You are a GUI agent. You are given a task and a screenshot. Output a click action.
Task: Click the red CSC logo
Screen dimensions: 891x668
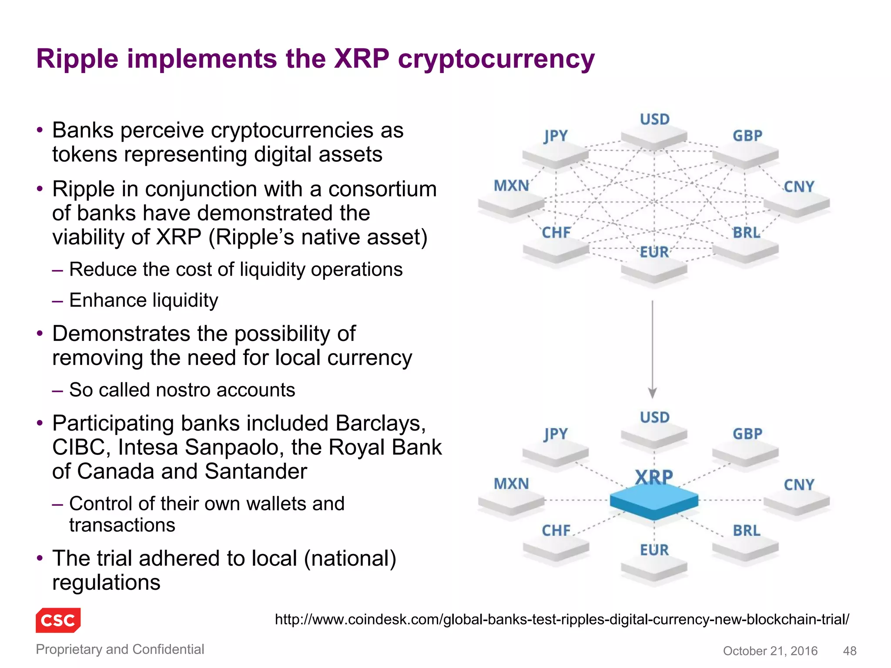click(58, 620)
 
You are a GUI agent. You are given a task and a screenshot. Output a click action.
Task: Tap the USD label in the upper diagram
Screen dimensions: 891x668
click(655, 119)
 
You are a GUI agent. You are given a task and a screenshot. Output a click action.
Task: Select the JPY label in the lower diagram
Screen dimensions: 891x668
click(556, 434)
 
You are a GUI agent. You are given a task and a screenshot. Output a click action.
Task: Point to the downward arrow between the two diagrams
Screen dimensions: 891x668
click(652, 348)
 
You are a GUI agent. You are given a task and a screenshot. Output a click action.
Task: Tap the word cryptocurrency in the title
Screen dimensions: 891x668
click(496, 60)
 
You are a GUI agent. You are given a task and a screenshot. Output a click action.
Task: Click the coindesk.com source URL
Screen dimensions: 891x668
click(562, 619)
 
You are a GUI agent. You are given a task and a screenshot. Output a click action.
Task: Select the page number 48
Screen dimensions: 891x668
click(849, 651)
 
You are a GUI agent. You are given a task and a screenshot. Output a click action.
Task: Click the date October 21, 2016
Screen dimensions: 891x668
click(770, 651)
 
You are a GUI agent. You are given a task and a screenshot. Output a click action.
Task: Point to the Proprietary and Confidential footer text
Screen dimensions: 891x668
click(120, 649)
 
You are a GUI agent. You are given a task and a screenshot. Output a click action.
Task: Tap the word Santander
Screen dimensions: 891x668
click(256, 471)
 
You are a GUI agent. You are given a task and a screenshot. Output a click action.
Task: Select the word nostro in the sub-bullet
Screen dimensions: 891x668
click(184, 390)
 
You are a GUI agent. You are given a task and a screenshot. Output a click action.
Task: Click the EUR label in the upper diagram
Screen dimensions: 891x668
click(654, 252)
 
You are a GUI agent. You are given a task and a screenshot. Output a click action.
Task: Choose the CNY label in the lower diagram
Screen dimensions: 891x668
click(799, 484)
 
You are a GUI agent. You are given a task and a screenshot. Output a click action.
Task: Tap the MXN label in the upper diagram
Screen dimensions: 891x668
click(512, 186)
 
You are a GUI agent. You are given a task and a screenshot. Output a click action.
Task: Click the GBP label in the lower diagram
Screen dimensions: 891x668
click(747, 434)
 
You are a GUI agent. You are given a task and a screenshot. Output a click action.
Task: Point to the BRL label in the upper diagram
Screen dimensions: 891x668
click(747, 233)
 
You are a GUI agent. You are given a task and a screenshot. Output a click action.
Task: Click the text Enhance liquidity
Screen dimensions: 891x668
click(144, 300)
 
